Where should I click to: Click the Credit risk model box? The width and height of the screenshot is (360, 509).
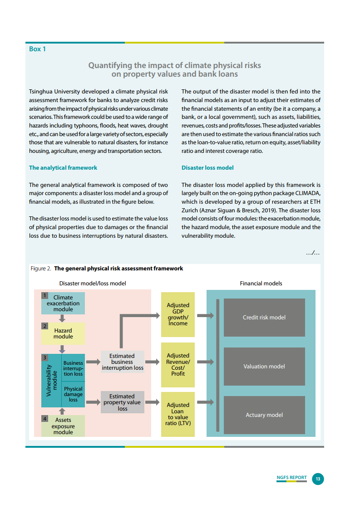264,318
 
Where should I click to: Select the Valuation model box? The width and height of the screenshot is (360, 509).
264,366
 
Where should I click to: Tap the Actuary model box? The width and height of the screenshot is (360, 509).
264,415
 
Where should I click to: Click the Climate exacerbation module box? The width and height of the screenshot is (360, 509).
63,303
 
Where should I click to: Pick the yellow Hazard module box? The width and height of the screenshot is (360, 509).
63,333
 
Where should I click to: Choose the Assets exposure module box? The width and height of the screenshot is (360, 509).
63,426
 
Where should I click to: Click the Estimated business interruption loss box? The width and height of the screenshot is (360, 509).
122,362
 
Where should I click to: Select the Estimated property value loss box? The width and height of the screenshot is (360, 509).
122,402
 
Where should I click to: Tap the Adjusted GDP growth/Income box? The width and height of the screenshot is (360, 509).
178,314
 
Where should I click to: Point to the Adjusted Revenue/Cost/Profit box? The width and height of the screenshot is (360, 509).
178,365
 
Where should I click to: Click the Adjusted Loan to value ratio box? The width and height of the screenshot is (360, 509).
178,414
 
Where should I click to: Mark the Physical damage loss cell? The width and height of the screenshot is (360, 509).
73,394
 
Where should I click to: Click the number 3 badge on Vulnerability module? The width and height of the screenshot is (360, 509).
45,357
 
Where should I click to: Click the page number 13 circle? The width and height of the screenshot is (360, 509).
318,479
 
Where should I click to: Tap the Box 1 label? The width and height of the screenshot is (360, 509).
37,49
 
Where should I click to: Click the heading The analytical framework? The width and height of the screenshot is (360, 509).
63,168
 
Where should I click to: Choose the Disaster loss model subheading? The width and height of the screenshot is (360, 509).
207,168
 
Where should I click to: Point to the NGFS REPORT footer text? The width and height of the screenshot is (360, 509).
291,478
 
